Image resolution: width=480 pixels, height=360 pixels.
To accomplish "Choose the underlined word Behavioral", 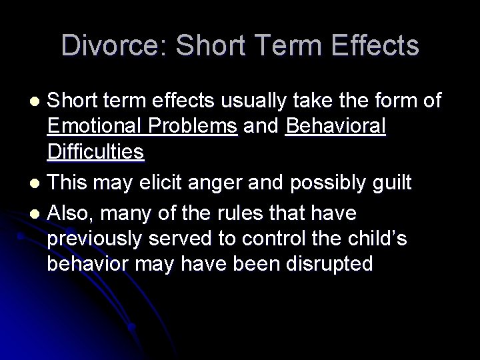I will coord(335,126).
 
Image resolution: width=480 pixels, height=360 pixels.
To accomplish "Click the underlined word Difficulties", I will coord(96,153).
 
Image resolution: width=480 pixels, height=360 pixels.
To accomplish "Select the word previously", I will coord(96,239).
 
